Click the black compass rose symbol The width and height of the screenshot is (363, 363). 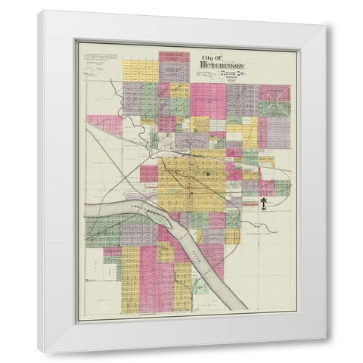[262, 203]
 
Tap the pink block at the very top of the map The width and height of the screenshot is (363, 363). [174, 56]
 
